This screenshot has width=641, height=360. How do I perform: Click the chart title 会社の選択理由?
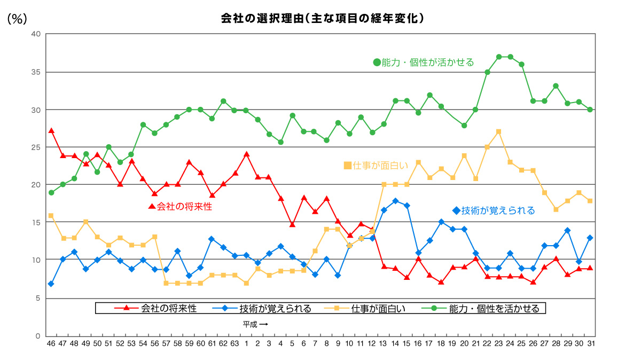tap(323, 18)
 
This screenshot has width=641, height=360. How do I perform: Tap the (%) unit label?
tap(17, 19)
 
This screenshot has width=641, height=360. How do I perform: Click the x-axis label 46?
tap(51, 343)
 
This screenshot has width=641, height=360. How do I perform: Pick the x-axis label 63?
tap(234, 343)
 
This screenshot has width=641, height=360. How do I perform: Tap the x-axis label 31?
tap(590, 343)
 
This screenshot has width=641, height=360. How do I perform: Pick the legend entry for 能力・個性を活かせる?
tap(486, 308)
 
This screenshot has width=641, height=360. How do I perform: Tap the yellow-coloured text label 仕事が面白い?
tap(376, 166)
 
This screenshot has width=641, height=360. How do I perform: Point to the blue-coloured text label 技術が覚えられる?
tap(494, 210)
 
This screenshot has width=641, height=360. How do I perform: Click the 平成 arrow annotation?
tap(255, 324)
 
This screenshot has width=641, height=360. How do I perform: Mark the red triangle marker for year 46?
tap(51, 130)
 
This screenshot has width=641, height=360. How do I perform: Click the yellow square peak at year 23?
tap(498, 131)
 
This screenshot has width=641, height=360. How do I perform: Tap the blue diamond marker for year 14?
tap(395, 201)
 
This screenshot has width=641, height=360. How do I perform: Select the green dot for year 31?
tap(590, 109)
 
